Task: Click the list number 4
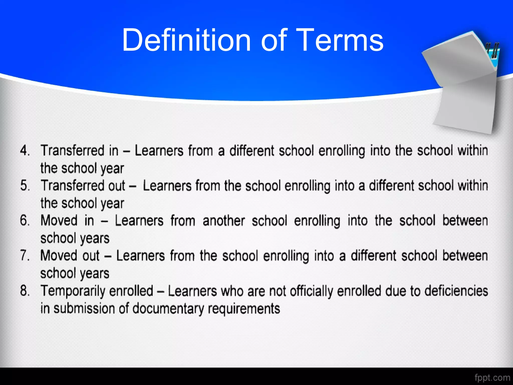click(25, 151)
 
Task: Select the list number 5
click(25, 186)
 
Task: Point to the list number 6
click(25, 221)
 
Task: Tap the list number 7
click(25, 256)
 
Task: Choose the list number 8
click(25, 291)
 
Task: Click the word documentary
click(168, 309)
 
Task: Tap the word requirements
click(244, 309)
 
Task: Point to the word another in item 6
click(223, 221)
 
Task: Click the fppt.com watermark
click(492, 377)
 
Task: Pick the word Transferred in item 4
click(73, 151)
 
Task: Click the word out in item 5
click(116, 186)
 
